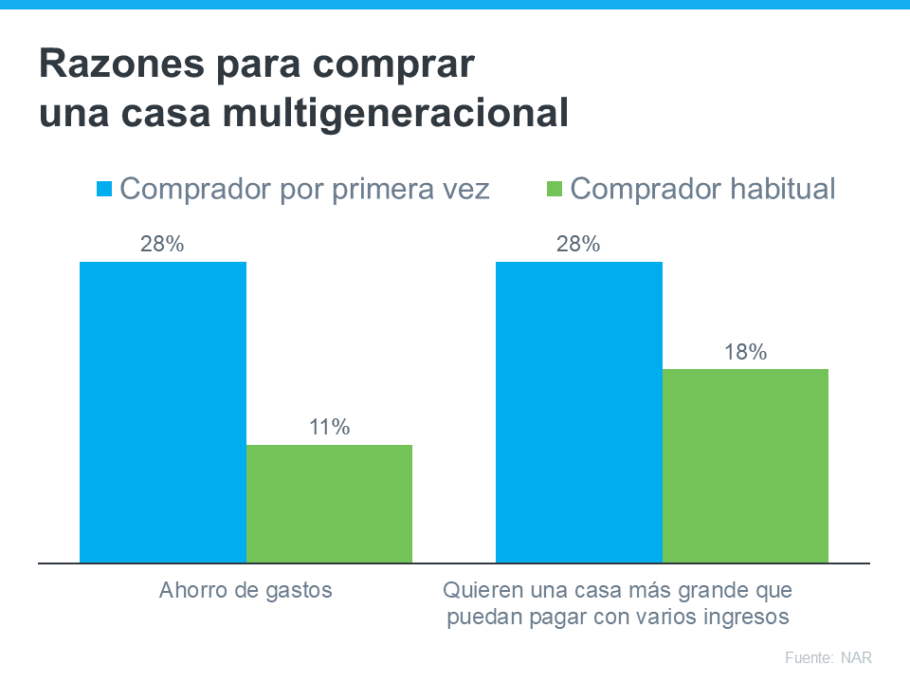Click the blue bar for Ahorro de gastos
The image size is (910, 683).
(x=163, y=412)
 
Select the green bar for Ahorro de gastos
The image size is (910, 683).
(x=329, y=504)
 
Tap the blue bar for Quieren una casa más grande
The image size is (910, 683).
(x=579, y=412)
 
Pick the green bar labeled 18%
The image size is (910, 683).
(x=745, y=466)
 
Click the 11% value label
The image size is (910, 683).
(x=329, y=428)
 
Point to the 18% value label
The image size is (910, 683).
(x=745, y=353)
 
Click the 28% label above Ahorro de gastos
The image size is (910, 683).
(x=162, y=244)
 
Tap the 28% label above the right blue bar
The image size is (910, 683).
(x=578, y=244)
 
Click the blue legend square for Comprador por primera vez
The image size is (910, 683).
(x=104, y=189)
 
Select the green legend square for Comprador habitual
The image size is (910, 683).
(x=555, y=189)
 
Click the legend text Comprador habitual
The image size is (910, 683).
(x=703, y=189)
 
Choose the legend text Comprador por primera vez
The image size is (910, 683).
(x=305, y=189)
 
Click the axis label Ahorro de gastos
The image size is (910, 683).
(x=246, y=590)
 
